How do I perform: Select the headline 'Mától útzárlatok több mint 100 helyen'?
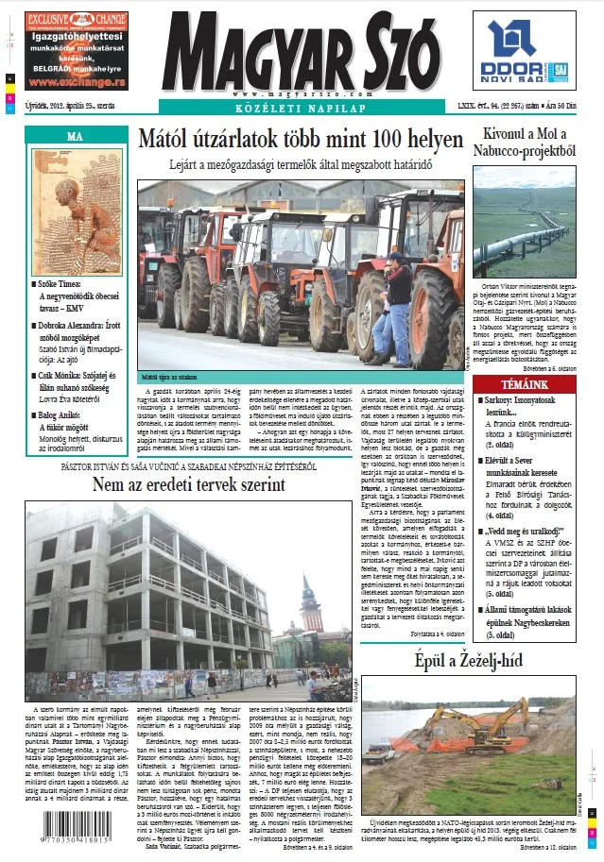[301, 141]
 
